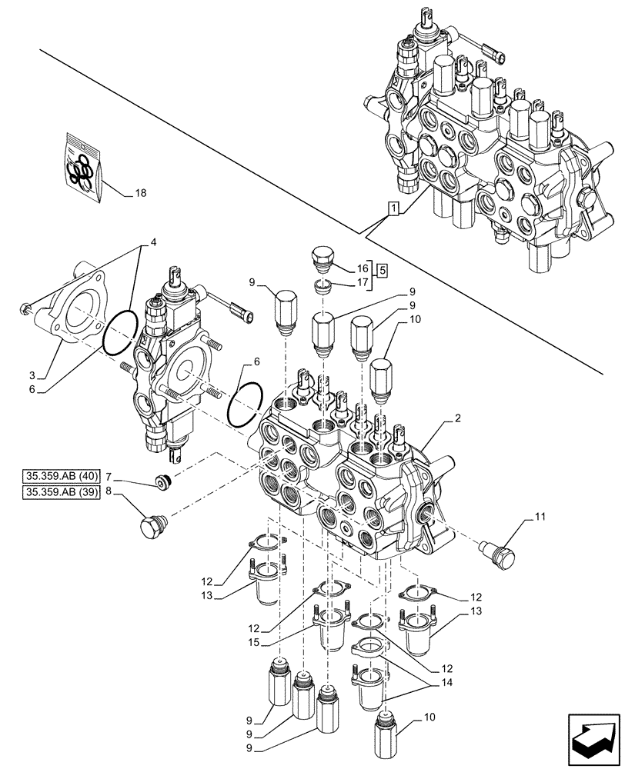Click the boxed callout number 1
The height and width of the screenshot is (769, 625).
(393, 208)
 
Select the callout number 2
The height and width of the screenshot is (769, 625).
(457, 418)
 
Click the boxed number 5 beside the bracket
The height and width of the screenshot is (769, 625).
(383, 270)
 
